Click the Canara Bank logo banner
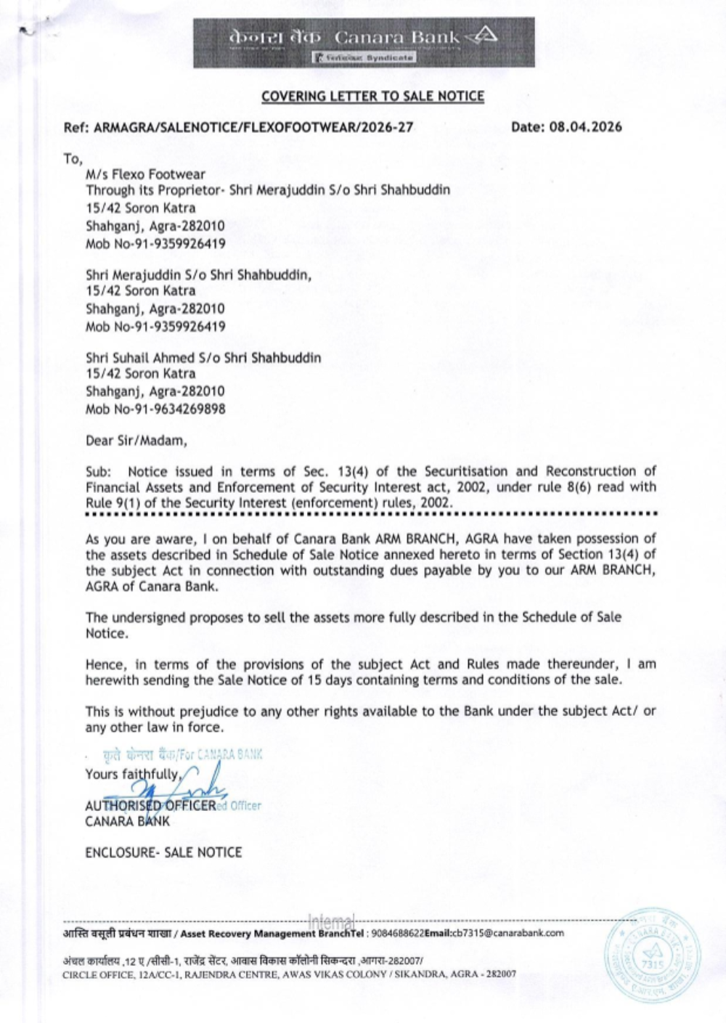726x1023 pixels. coord(364,43)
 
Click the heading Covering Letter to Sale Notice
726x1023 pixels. coord(372,96)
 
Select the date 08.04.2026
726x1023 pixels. coord(585,127)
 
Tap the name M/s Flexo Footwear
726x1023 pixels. coord(145,174)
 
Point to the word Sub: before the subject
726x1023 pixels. coord(98,471)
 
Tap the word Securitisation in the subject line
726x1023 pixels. coord(468,471)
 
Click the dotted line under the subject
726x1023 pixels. coord(370,514)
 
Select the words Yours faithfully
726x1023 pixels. coord(131,774)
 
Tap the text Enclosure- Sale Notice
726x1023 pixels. coord(163,852)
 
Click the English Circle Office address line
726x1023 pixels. coord(290,974)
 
